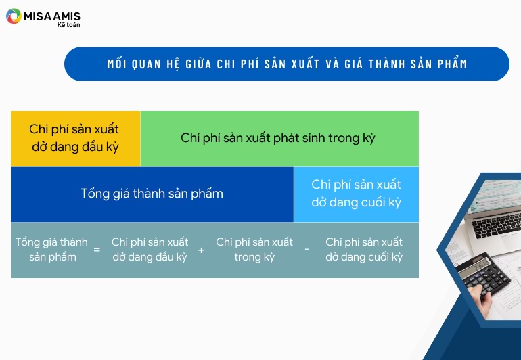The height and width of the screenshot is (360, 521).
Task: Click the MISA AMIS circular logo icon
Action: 14,16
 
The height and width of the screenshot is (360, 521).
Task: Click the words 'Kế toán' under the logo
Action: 68,24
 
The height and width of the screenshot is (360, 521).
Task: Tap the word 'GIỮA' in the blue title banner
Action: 198,64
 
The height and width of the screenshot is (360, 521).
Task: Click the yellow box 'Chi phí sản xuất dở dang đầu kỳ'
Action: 75,139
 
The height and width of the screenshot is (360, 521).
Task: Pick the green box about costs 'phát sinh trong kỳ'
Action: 279,139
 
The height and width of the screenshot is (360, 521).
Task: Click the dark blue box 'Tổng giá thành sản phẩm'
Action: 152,194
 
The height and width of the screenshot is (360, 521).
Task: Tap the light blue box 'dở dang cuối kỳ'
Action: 356,194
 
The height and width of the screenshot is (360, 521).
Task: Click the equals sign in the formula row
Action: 97,249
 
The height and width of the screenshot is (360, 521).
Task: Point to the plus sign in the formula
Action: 201,250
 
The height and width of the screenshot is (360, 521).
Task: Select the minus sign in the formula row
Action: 307,249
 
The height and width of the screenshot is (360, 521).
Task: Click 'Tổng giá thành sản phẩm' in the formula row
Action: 52,249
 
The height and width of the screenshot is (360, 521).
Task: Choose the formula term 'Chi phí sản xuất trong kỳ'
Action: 254,249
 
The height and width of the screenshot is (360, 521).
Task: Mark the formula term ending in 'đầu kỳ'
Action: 150,249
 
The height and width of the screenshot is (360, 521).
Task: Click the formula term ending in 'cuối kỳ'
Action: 364,249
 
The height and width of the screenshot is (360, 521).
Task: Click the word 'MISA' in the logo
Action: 37,16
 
